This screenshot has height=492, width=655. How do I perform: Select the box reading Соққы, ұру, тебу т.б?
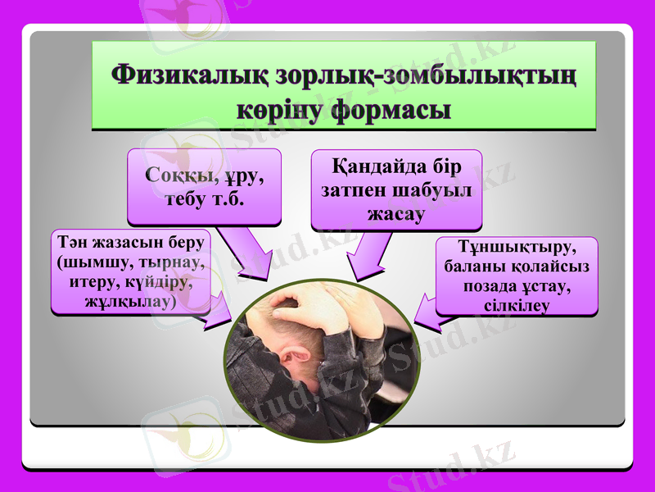tap(204, 186)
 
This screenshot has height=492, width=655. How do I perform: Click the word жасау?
tap(396, 214)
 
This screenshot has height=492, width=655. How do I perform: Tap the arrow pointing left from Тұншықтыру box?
tap(427, 310)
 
